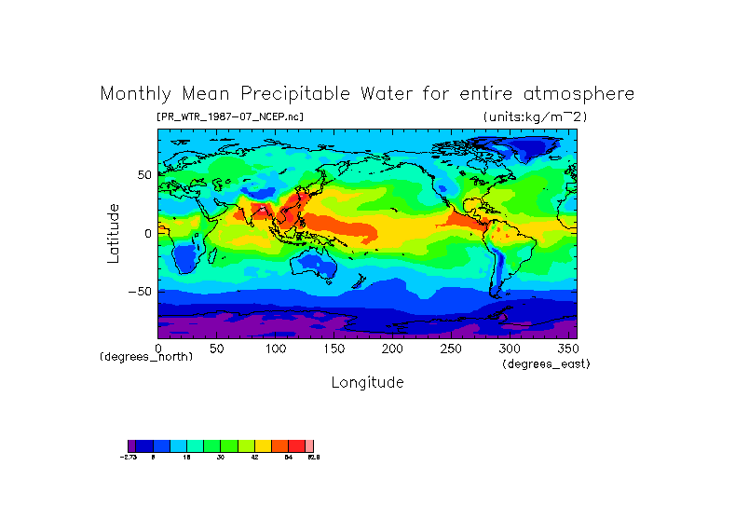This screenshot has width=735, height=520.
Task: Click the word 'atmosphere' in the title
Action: click(577, 94)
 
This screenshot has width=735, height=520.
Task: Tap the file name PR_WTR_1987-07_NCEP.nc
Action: click(230, 116)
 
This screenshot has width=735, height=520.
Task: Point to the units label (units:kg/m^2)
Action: click(535, 116)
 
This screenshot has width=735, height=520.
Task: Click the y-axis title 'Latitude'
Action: click(113, 233)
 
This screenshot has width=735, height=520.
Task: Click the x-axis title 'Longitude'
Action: click(367, 382)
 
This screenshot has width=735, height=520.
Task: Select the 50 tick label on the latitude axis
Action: click(143, 175)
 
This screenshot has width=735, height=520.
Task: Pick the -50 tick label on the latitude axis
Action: click(140, 292)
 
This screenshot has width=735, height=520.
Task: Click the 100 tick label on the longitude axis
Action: click(276, 349)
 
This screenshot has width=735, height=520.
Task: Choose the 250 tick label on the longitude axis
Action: click(451, 349)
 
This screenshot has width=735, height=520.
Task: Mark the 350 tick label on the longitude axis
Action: click(566, 349)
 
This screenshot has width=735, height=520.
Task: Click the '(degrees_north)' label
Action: click(146, 357)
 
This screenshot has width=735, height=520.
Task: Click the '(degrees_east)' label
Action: click(546, 363)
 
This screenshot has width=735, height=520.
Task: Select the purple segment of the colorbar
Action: click(131, 445)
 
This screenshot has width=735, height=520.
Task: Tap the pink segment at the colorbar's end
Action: click(309, 445)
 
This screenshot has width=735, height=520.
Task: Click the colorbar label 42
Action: click(254, 457)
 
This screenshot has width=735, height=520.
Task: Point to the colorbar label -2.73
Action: click(129, 457)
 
